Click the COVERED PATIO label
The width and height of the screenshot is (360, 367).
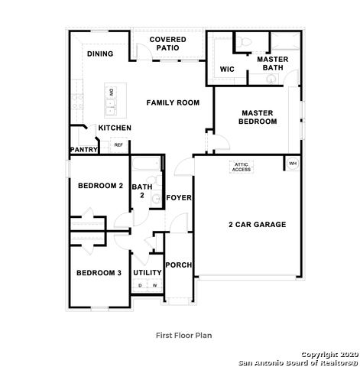(167, 44)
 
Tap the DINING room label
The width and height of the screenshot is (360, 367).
(99, 54)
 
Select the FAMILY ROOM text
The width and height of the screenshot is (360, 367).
(173, 102)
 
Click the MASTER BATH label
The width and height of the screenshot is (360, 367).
(271, 63)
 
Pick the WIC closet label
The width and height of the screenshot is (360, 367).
(226, 69)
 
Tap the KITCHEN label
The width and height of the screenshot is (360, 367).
(114, 128)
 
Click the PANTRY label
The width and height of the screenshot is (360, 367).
(83, 150)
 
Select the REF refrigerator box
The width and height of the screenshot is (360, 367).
(118, 145)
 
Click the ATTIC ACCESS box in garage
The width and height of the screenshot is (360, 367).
(242, 167)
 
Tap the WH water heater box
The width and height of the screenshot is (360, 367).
(292, 164)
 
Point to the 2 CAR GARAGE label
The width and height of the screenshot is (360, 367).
(257, 225)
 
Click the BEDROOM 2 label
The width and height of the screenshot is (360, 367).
(100, 186)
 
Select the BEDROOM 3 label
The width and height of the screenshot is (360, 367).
(98, 273)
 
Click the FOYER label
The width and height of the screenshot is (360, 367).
(179, 198)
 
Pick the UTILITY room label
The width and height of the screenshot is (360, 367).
(148, 272)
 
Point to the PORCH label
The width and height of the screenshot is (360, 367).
(179, 265)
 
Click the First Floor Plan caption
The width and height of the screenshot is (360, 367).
(183, 335)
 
